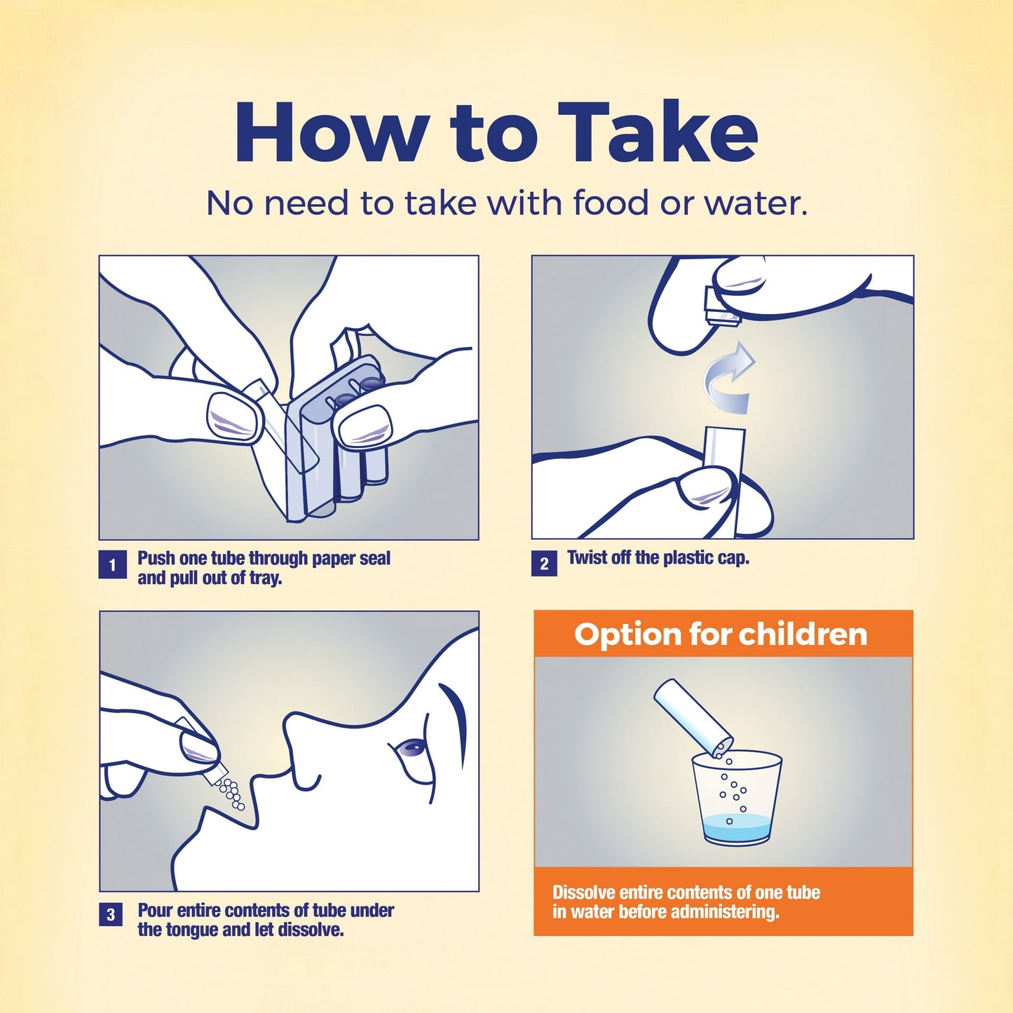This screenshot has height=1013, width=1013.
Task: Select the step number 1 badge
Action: pyautogui.click(x=112, y=565)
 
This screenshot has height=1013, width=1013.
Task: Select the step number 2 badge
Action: pyautogui.click(x=544, y=564)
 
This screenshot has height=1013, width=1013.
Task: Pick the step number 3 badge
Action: pyautogui.click(x=111, y=915)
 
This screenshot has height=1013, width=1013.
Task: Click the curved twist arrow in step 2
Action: pyautogui.click(x=730, y=379)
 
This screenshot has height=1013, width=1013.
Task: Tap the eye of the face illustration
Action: pyautogui.click(x=409, y=749)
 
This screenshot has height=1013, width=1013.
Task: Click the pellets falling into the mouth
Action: pyautogui.click(x=231, y=794)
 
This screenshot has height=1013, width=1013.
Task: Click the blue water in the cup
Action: pyautogui.click(x=736, y=828)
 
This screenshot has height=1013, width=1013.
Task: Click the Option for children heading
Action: pyautogui.click(x=721, y=634)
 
